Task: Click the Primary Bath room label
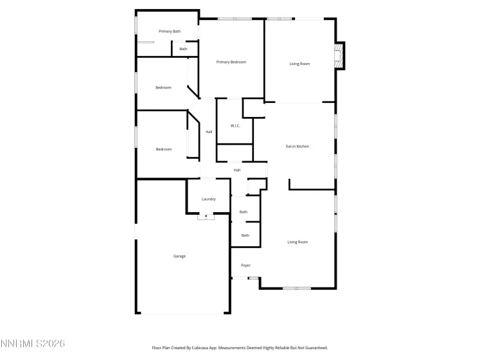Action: [x=170, y=32]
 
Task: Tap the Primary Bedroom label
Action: [x=231, y=62]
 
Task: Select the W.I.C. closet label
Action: [x=235, y=125]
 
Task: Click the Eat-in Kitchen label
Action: [x=298, y=147]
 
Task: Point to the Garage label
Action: [x=179, y=256]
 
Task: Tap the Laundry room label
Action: [x=208, y=199]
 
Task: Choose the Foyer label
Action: [x=245, y=265]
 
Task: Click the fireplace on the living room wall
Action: [x=338, y=55]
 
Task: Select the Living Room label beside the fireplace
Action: [x=299, y=64]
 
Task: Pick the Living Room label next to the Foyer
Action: [x=298, y=242]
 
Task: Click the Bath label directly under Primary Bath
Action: [x=183, y=49]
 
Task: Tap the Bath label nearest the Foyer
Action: [x=245, y=235]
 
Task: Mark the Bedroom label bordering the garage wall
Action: [x=164, y=150]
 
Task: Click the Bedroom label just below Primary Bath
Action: [x=163, y=87]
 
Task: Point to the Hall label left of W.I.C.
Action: [x=209, y=132]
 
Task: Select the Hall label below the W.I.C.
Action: [x=237, y=170]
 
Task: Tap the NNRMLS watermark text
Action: [x=33, y=345]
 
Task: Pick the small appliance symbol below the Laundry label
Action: [x=206, y=217]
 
